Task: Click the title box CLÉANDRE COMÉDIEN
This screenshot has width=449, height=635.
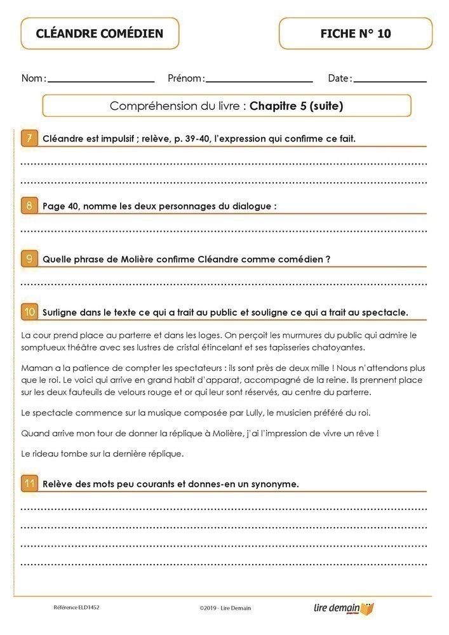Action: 100,34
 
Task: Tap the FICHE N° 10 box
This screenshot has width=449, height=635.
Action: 356,34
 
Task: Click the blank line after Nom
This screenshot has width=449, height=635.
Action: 101,81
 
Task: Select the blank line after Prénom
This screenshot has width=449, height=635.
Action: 259,81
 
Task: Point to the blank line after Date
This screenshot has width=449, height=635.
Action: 390,81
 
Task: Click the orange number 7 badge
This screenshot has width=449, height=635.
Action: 29,138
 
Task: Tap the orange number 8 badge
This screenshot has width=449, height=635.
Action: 29,206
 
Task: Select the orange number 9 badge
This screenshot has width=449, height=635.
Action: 29,258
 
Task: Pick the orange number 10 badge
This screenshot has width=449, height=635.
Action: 29,312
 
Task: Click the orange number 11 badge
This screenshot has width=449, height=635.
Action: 29,483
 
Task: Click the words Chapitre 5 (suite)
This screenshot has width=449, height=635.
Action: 297,106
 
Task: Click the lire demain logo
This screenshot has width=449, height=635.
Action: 344,608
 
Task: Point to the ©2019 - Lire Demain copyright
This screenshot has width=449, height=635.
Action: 225,608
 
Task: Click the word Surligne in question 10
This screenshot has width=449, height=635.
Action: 62,312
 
